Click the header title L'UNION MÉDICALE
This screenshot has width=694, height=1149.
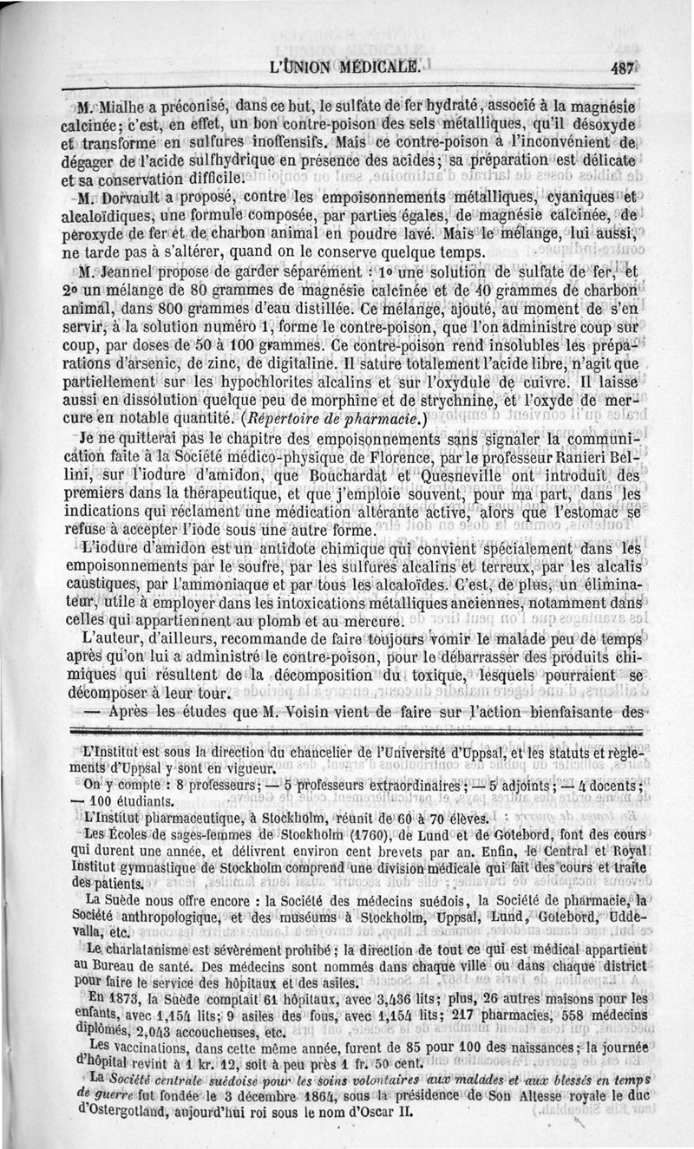pyautogui.click(x=348, y=66)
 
